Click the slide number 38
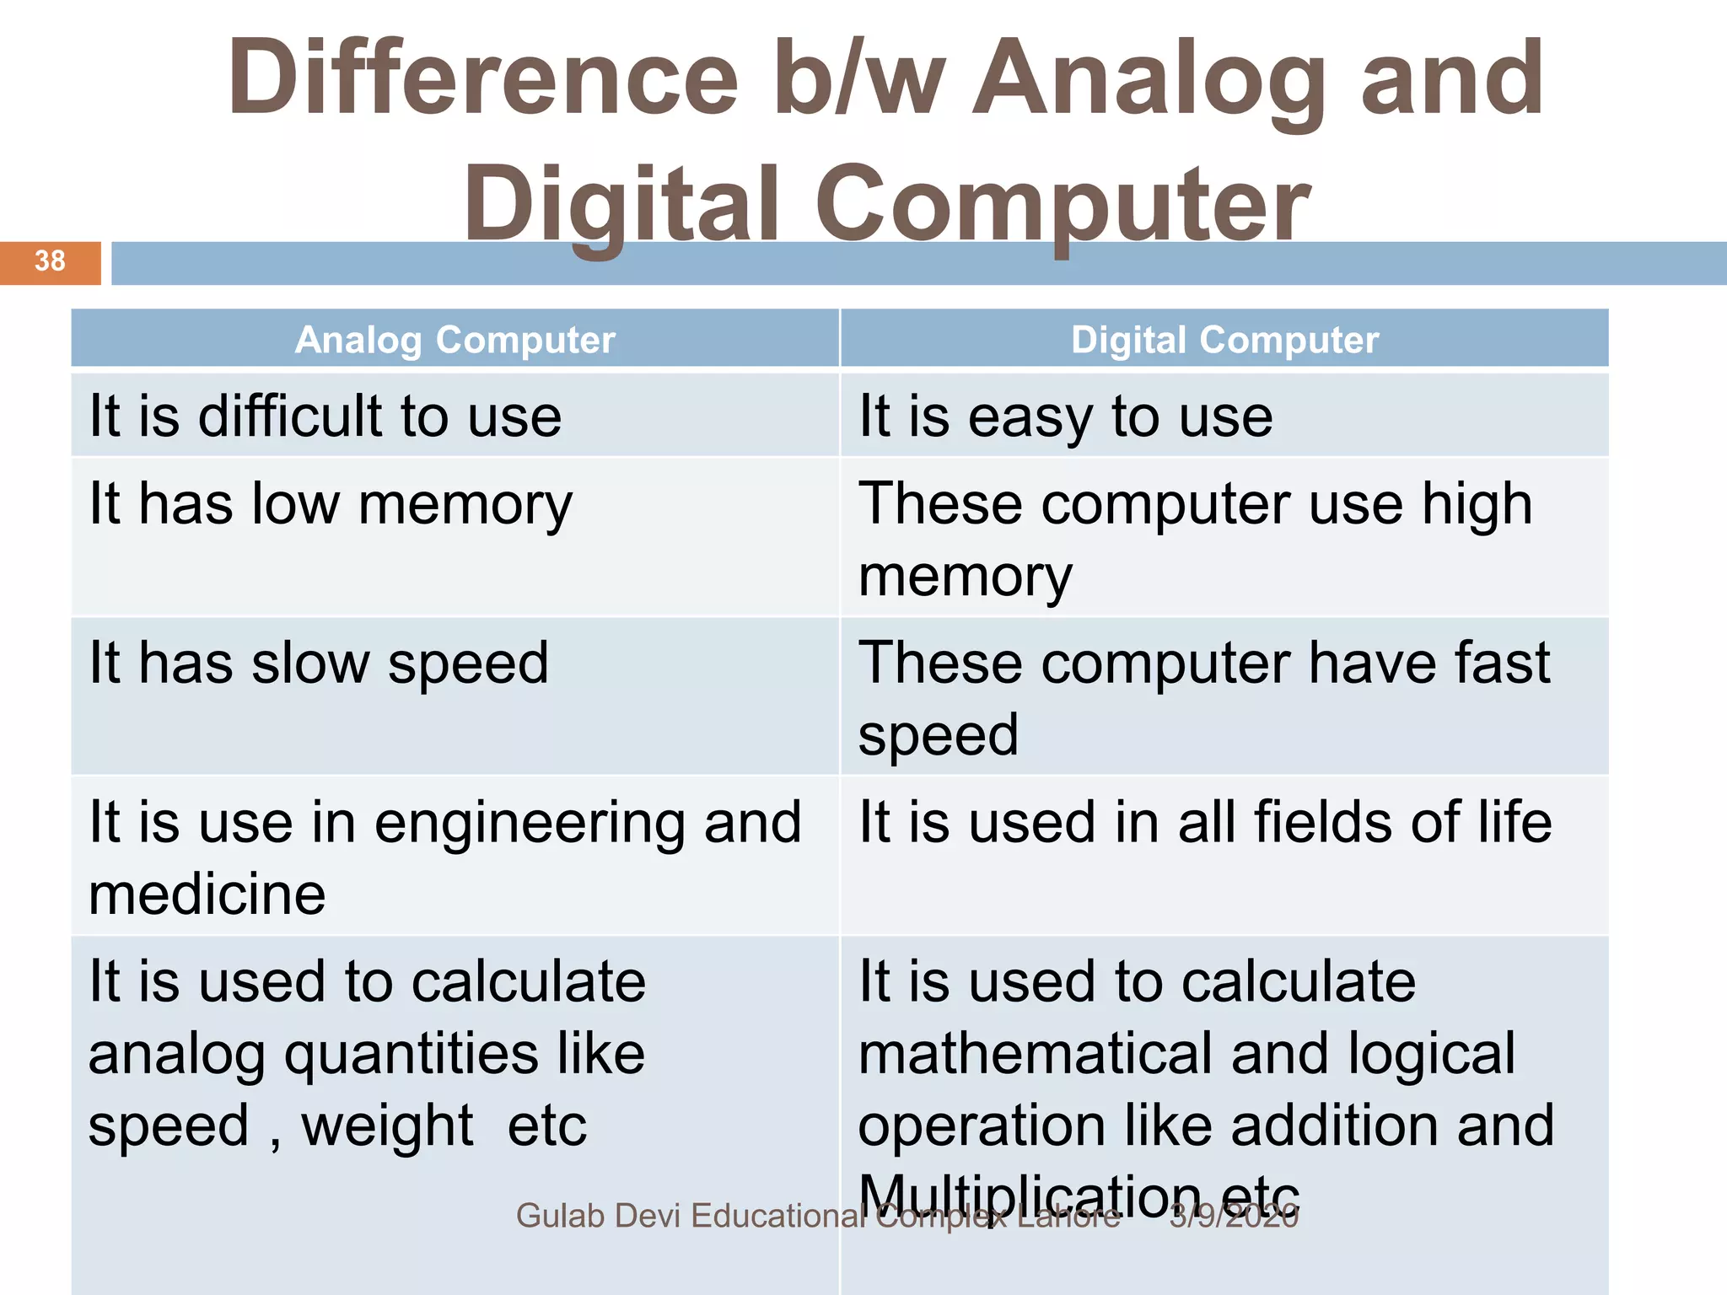(x=50, y=261)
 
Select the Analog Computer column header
(x=455, y=341)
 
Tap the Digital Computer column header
(x=1224, y=341)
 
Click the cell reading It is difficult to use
(x=325, y=416)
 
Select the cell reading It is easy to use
(x=1065, y=416)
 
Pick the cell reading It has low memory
(x=331, y=505)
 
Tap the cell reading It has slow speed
(x=319, y=664)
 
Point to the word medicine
(x=207, y=895)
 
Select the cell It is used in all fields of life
(x=1204, y=823)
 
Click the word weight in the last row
(x=387, y=1126)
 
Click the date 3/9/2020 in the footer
(x=1233, y=1217)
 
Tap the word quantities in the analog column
(x=411, y=1056)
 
